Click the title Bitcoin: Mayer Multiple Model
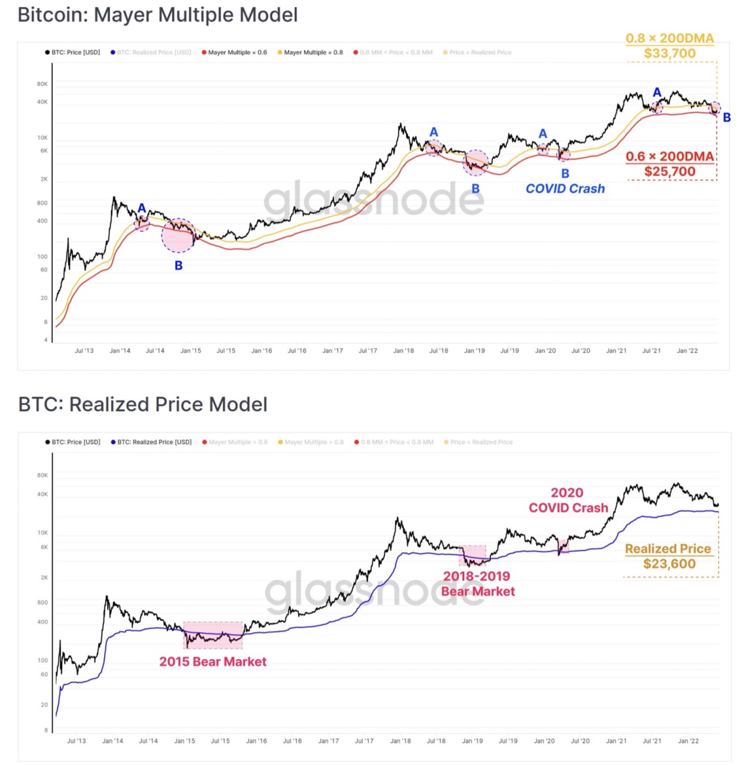(x=157, y=15)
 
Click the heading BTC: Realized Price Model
(x=143, y=405)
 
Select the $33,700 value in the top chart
(x=669, y=54)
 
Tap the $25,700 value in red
(x=669, y=172)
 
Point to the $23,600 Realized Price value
(x=669, y=564)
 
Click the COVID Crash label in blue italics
(x=565, y=189)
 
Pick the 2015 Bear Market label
(x=213, y=662)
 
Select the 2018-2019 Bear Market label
(x=478, y=584)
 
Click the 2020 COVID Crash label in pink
(x=568, y=500)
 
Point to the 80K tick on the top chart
(x=42, y=84)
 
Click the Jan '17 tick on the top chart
(x=332, y=351)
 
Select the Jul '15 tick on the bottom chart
(x=220, y=741)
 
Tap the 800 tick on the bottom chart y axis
(x=42, y=602)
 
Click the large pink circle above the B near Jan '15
(x=178, y=235)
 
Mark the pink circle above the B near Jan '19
(x=476, y=163)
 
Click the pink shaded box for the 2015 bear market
(x=213, y=635)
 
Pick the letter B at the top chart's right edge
(x=727, y=118)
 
